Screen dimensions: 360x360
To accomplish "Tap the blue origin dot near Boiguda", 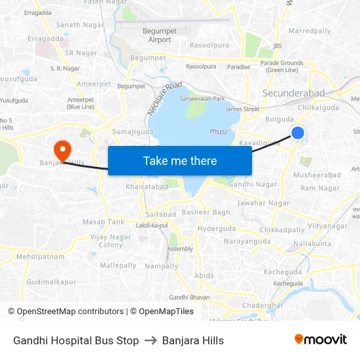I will (298, 133).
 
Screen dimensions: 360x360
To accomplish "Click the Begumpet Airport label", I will (160, 35).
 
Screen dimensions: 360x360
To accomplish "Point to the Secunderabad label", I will (293, 93).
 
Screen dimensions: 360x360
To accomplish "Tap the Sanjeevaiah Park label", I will (202, 99).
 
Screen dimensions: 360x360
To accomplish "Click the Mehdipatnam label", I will (41, 257).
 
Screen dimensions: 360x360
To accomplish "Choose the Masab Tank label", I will (103, 222).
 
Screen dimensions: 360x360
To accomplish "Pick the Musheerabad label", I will (317, 175).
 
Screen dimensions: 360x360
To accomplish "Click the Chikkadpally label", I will (282, 230).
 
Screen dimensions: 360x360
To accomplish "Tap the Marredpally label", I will (310, 31).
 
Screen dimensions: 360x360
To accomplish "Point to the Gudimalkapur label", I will (52, 282).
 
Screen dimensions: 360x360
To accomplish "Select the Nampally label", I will (161, 266).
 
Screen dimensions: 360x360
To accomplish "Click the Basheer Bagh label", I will (206, 212).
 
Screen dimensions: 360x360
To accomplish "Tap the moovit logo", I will (321, 339).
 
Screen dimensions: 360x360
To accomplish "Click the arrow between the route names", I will (151, 340).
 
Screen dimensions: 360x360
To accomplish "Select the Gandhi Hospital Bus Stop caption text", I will (76, 340).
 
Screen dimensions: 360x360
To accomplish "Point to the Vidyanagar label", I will (327, 226).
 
